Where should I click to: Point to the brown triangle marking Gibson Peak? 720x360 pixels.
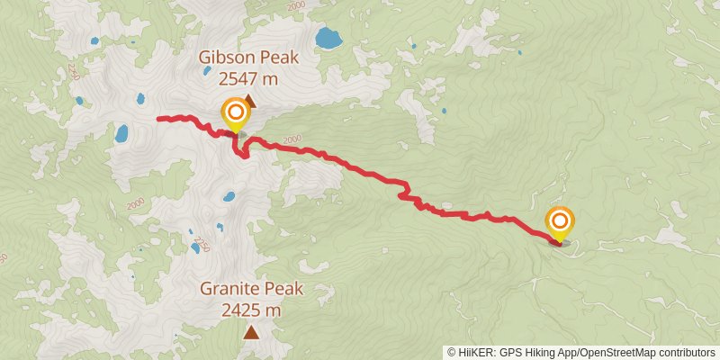coord(248,103)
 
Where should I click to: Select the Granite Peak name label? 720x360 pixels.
coord(252,290)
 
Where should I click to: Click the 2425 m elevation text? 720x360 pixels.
coord(252,310)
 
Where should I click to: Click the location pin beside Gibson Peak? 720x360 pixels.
coord(235,114)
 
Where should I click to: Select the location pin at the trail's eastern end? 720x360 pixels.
coord(560,221)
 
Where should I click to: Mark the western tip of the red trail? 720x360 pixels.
coord(158,118)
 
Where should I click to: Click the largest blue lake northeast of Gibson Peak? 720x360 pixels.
coord(328,39)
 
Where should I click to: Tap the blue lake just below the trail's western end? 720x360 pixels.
coord(121,134)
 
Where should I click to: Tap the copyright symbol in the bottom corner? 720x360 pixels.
coord(452,352)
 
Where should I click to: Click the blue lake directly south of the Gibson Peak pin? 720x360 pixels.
coord(229,196)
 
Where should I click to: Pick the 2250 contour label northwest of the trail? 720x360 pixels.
coord(73,88)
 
